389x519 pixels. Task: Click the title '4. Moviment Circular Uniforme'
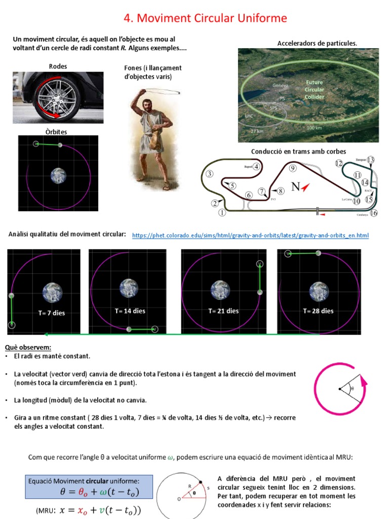coord(205,19)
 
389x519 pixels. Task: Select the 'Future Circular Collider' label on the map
coord(314,89)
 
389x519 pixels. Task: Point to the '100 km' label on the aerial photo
coord(314,128)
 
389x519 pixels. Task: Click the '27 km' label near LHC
coord(257,131)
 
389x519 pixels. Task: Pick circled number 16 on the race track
coord(374,213)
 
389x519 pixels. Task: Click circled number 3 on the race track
coord(209,174)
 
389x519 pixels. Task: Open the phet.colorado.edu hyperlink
coord(250,236)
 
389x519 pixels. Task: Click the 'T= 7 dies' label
coord(52,313)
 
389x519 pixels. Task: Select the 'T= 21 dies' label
coord(223,311)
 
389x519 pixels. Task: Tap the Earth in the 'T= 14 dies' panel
coord(129,288)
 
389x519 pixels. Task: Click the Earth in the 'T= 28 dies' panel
coord(319,291)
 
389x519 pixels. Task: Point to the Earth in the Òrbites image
coord(58,176)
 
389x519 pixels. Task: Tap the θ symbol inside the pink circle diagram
coord(353,389)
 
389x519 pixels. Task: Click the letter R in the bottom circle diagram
coord(190,486)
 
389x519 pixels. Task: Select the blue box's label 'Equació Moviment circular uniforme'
coord(84,481)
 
